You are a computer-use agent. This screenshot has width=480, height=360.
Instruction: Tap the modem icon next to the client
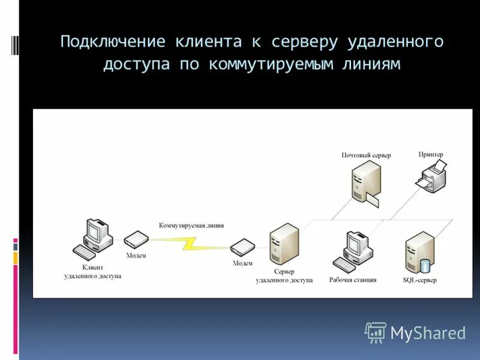coord(136,241)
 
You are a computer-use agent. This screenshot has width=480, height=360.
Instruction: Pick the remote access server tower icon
coord(284,245)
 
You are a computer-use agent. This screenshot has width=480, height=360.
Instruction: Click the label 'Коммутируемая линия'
coord(191,226)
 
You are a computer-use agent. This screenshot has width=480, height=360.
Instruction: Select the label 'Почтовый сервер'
coord(366,155)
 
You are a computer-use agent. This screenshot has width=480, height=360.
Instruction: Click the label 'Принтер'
coord(430,154)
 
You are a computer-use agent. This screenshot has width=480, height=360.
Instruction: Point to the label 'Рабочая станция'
coord(353,280)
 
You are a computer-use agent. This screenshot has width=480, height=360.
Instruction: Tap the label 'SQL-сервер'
coord(420,280)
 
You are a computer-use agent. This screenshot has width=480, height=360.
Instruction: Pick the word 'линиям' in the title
coord(371,64)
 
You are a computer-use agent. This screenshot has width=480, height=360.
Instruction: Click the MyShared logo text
coord(428,333)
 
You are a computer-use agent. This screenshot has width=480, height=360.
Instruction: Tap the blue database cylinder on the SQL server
coord(425,265)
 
